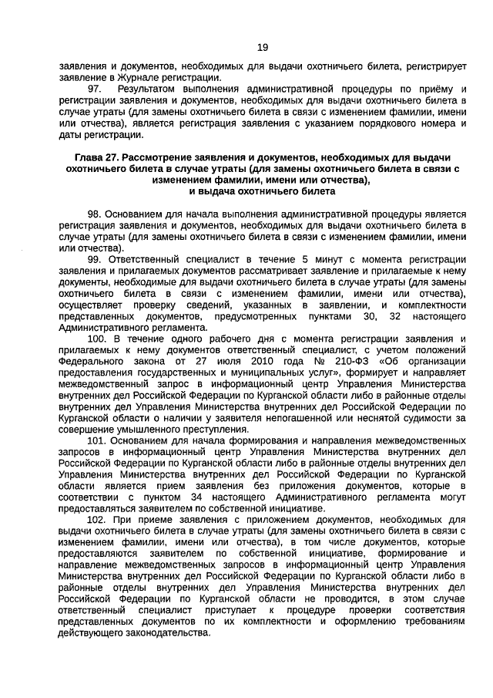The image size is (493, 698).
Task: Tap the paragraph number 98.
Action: point(95,213)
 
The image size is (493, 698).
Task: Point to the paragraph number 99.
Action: point(96,260)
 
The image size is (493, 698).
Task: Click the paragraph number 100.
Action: point(98,339)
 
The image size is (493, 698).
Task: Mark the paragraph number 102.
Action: point(98,520)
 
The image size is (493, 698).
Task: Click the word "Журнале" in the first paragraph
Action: point(140,77)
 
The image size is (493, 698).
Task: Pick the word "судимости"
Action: point(437,417)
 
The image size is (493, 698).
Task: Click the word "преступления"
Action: point(203,429)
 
